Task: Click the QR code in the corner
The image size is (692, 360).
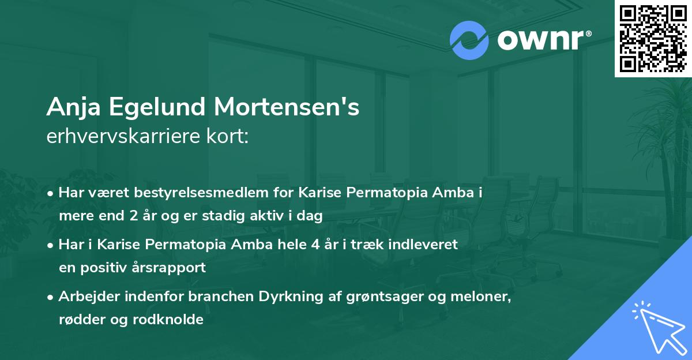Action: tap(653, 38)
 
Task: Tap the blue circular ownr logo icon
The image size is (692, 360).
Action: tap(470, 40)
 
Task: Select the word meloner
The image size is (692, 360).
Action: tap(482, 297)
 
